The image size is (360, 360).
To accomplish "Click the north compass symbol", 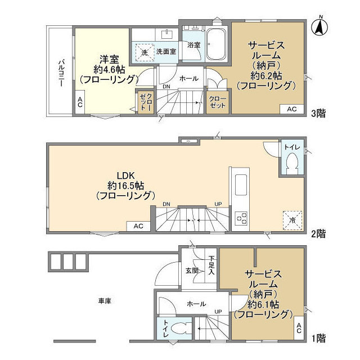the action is pyautogui.click(x=319, y=26).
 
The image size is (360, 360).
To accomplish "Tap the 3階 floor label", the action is pyautogui.click(x=318, y=113).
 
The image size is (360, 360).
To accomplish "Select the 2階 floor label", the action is pyautogui.click(x=318, y=234).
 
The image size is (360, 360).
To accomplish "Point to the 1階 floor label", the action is pyautogui.click(x=318, y=338).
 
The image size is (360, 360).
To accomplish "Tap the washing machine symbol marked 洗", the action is pyautogui.click(x=145, y=52).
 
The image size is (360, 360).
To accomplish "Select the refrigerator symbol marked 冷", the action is pyautogui.click(x=292, y=220).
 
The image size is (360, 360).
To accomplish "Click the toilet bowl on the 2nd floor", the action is pyautogui.click(x=292, y=163).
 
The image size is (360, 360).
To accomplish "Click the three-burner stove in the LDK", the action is pyautogui.click(x=241, y=218).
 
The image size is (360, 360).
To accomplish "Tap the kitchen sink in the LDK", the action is pyautogui.click(x=241, y=185).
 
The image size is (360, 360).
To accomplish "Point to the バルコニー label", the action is pyautogui.click(x=61, y=73).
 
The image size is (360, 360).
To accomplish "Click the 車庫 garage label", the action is pyautogui.click(x=105, y=301).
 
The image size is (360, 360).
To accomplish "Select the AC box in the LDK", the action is pyautogui.click(x=138, y=226).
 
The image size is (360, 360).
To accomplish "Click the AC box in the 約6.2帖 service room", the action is pyautogui.click(x=292, y=109).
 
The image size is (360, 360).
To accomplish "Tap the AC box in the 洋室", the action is pyautogui.click(x=80, y=102).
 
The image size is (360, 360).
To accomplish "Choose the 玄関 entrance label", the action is pyautogui.click(x=192, y=271).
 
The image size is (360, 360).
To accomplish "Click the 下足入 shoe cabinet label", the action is pyautogui.click(x=211, y=265).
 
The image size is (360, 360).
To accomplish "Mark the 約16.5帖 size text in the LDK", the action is pyautogui.click(x=126, y=186).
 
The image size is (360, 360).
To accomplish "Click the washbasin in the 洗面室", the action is pyautogui.click(x=167, y=34).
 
